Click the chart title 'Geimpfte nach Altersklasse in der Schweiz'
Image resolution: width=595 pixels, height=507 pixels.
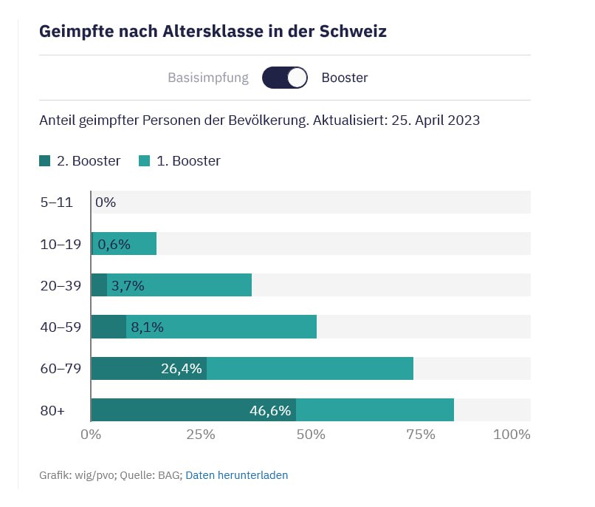[213, 32]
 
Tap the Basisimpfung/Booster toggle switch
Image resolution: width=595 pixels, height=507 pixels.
[285, 78]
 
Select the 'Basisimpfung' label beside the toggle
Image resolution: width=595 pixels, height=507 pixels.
[208, 78]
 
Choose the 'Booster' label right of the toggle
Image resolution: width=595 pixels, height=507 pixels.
[345, 78]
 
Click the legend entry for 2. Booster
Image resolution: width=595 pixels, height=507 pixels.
[80, 161]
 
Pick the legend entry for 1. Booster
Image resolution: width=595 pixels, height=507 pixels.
[179, 161]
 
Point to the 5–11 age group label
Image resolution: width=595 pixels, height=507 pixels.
[56, 202]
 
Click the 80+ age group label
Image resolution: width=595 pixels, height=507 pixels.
[52, 410]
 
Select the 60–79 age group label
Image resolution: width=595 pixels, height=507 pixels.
[60, 368]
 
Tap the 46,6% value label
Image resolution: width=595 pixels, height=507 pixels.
[270, 410]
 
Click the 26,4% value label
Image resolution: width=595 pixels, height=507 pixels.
[181, 368]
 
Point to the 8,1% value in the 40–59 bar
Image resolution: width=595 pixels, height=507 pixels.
[147, 327]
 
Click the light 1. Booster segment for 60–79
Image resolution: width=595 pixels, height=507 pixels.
[310, 368]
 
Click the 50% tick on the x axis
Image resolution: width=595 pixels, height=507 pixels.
[311, 435]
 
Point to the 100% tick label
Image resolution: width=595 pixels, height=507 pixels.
[512, 435]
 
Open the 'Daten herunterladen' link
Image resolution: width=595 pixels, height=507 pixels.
[236, 475]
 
